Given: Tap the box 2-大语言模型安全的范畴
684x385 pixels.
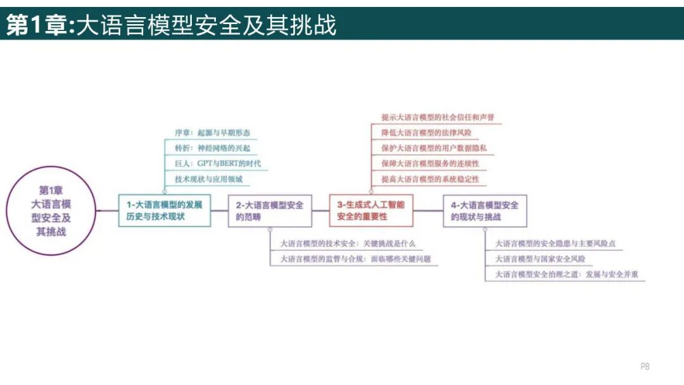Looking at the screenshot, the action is point(270,211).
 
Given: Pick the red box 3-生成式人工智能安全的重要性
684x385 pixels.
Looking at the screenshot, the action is point(371,211).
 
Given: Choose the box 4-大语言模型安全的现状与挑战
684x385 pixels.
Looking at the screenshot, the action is point(485,211).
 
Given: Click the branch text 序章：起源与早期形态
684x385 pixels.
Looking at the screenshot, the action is point(212,133).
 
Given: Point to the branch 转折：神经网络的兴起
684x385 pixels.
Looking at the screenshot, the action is point(212,148).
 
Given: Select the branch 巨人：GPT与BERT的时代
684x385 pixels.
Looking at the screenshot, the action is point(217,163).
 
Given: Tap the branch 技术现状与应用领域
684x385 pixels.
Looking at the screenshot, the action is point(208,179).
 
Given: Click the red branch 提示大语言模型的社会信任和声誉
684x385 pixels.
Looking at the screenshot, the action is point(438,118).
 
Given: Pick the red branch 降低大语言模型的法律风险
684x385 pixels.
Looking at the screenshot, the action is point(426,133).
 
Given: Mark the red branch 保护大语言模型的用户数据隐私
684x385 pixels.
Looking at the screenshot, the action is point(434,148).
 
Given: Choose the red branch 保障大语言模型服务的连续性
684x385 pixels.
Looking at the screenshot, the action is point(430,163).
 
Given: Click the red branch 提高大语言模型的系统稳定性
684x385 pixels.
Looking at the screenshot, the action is point(430,179).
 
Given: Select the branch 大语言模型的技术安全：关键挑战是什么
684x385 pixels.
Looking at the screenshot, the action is point(348,243).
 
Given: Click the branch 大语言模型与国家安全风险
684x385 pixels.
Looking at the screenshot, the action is point(540,259).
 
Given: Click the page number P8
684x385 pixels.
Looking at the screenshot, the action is point(645,366).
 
